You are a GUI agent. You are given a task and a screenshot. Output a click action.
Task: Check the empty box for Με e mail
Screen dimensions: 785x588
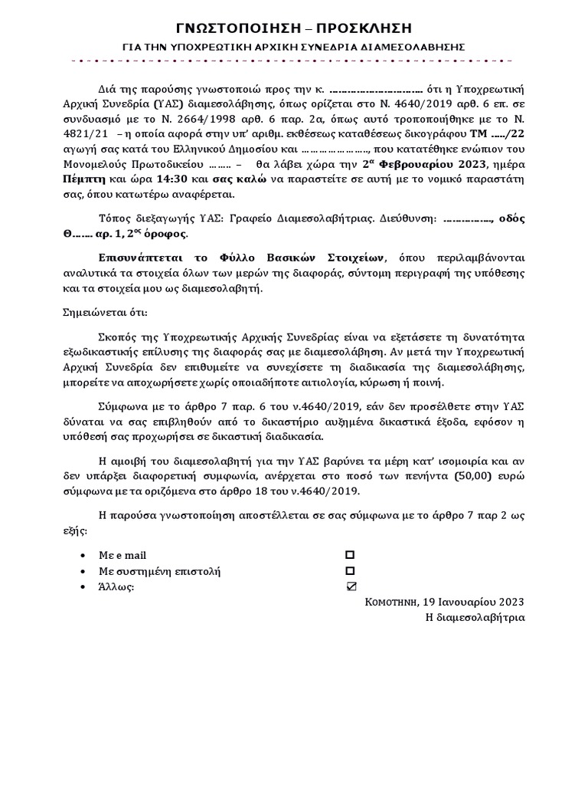[x=350, y=554]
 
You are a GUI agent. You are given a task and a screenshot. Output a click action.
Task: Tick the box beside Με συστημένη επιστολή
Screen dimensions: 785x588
[x=350, y=571]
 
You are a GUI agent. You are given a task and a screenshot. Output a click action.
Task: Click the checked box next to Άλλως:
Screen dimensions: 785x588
[x=351, y=587]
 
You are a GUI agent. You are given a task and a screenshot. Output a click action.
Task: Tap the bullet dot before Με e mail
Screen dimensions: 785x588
[x=83, y=555]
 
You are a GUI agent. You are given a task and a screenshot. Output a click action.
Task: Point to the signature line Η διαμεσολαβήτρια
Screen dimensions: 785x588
[x=475, y=617]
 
